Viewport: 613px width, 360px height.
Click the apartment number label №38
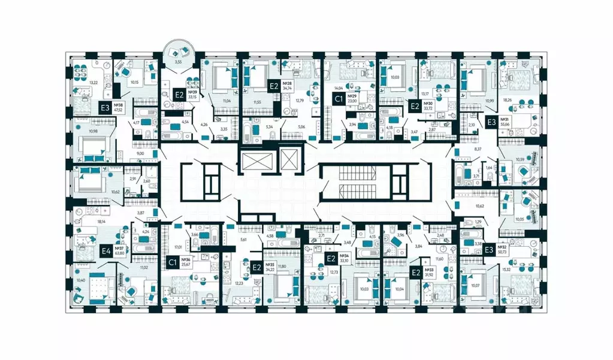[x=126, y=104]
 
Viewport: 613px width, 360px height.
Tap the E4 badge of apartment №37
[x=105, y=252]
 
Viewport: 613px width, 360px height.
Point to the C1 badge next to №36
[x=172, y=262]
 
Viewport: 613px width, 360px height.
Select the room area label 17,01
[x=177, y=246]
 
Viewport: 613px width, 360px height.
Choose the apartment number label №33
[x=429, y=270]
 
